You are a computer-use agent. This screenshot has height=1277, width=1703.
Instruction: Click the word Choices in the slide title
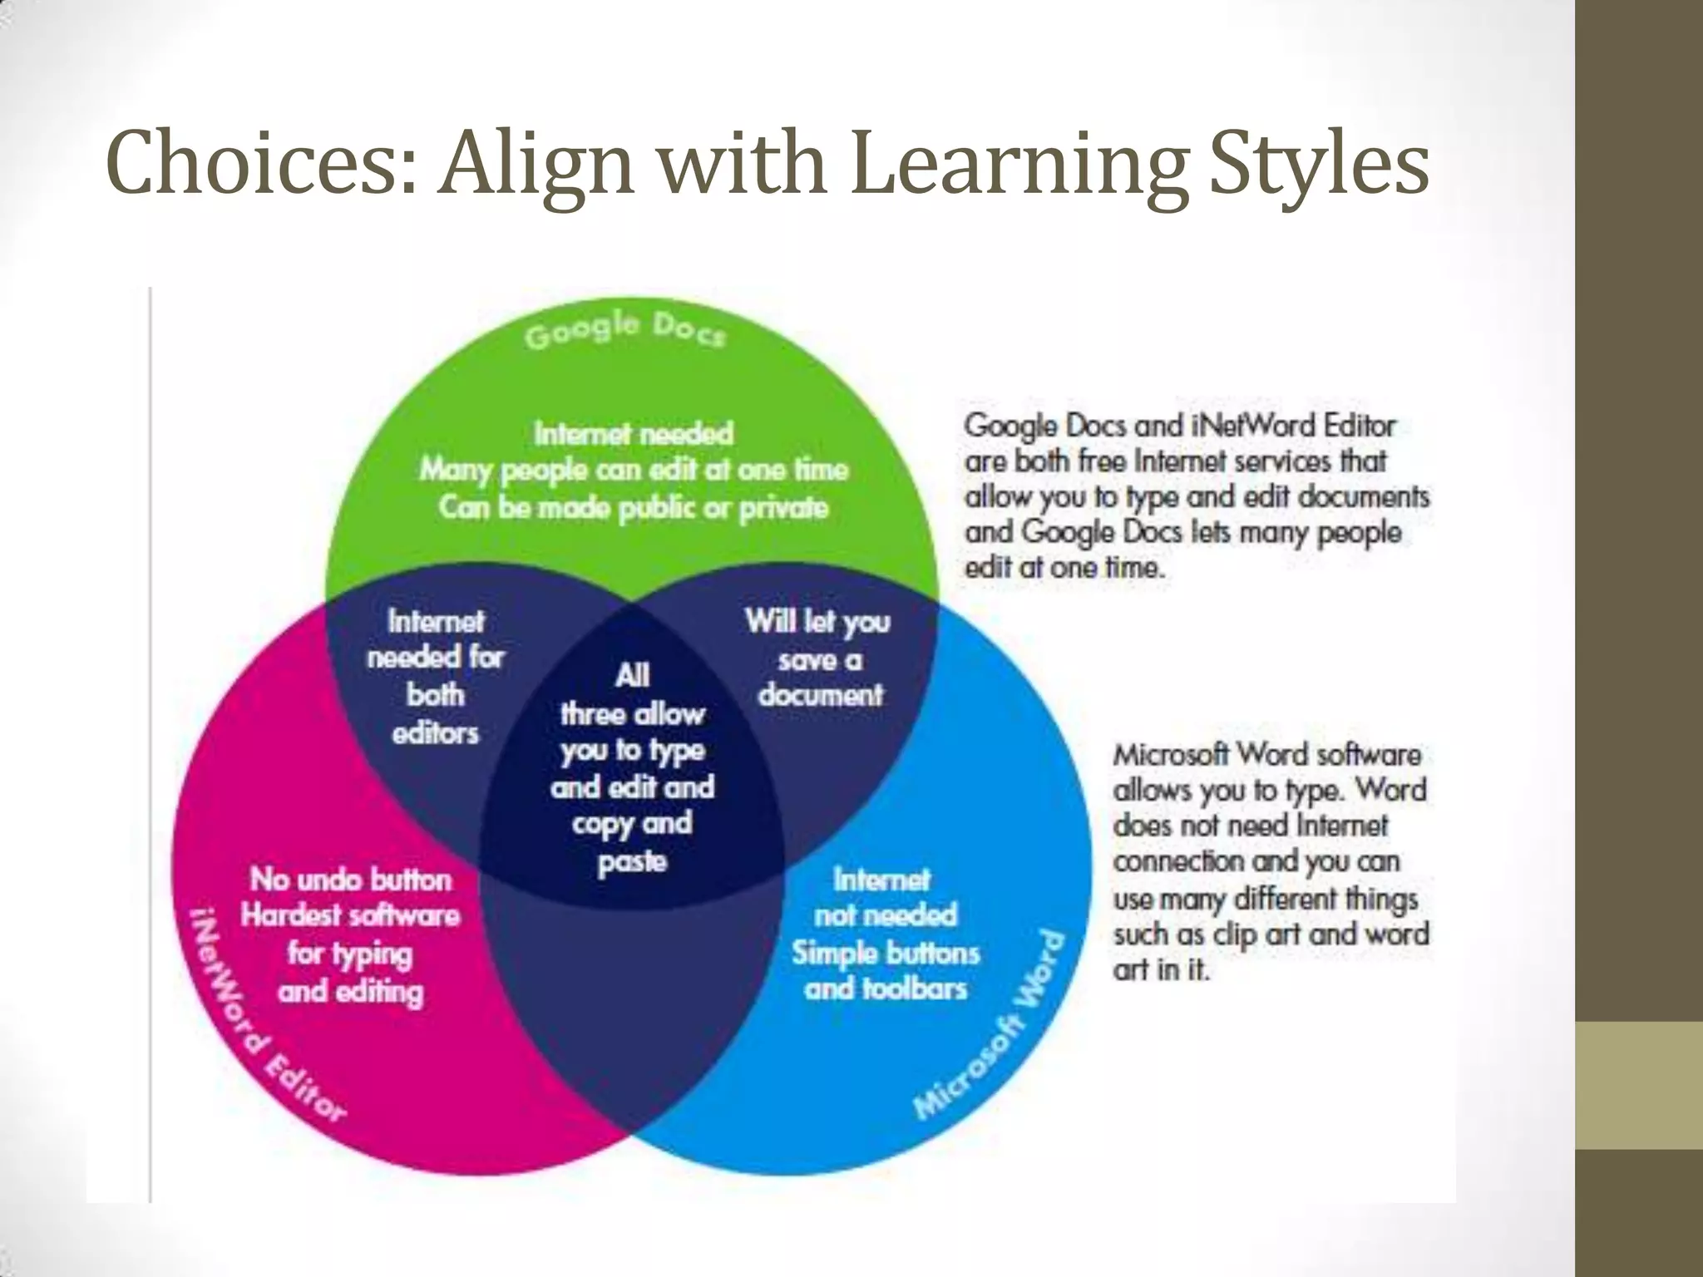pos(259,163)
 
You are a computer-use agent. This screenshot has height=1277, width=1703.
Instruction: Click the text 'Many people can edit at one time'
pos(634,470)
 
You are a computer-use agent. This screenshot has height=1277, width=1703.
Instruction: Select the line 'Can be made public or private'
pos(634,507)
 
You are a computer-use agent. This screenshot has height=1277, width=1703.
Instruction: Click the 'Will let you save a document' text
pos(818,658)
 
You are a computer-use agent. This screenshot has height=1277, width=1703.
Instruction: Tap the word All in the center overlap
pos(632,675)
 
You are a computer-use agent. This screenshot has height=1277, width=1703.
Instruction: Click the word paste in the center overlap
pos(632,861)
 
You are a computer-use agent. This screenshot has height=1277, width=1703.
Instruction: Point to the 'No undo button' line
pos(351,879)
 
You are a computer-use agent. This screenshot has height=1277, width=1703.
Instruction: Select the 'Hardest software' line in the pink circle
pos(350,915)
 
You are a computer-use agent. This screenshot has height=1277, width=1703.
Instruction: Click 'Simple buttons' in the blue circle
pos(886,953)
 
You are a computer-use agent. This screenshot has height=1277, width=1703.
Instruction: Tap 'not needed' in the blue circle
pos(886,915)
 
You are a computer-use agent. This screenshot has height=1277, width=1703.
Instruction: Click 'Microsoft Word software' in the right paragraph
pos(1267,754)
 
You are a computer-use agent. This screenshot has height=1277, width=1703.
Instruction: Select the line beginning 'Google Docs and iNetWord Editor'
pos(1179,426)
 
